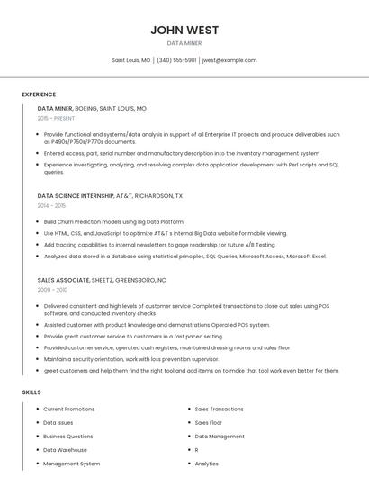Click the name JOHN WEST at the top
pos(184,30)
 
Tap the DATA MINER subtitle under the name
pos(184,43)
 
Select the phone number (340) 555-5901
pos(176,60)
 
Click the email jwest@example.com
pos(229,60)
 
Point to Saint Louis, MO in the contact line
pos(131,60)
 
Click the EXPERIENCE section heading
pos(39,94)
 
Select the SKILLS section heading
pos(31,392)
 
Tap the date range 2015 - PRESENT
pos(57,118)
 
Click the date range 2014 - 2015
pos(52,205)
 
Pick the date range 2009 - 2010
pos(52,290)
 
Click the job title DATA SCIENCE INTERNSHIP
pos(76,195)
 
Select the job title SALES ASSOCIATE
pos(62,280)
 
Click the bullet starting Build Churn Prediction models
pos(113,221)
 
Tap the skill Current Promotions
pos(68,409)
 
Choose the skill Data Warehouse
pos(65,450)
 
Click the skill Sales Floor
pos(208,422)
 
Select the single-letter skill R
pos(197,450)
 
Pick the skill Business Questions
pos(67,436)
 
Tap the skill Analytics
pos(207,463)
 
